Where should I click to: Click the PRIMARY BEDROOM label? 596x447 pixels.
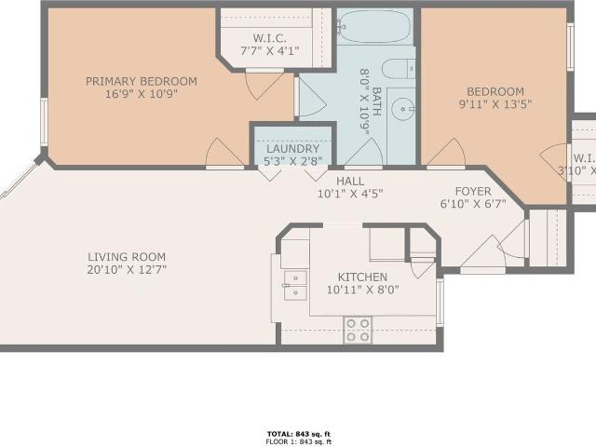click(x=141, y=81)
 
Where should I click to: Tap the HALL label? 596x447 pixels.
click(x=350, y=182)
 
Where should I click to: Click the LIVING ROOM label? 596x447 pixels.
click(x=127, y=257)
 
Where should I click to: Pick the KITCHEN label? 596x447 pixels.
click(x=362, y=278)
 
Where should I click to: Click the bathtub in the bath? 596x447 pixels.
click(x=373, y=28)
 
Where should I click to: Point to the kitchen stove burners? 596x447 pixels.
click(x=358, y=329)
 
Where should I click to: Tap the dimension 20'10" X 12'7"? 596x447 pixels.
click(x=127, y=270)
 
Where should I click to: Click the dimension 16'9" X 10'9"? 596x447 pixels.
click(x=141, y=94)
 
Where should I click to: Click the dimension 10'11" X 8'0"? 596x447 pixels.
click(x=362, y=291)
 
